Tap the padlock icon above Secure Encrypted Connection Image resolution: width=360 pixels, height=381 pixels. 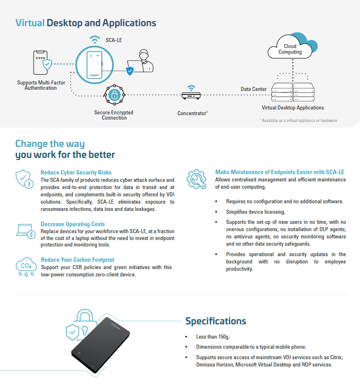114,95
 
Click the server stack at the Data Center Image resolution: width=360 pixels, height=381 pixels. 293,93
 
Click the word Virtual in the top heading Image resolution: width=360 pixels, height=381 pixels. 30,23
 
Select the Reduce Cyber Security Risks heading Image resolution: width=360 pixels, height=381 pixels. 76,173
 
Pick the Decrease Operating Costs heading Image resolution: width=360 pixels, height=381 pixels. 73,224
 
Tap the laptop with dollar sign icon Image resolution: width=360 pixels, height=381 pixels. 25,231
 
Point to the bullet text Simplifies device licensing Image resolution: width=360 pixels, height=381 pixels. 256,212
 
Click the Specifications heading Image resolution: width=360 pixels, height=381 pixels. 216,321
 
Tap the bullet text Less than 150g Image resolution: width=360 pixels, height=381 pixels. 213,337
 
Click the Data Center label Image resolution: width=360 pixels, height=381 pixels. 254,89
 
